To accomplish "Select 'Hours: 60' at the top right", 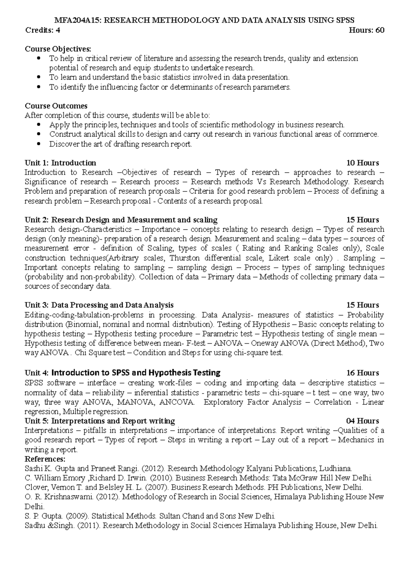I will click(x=367, y=30).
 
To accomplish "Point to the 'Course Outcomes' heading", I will click(x=56, y=106).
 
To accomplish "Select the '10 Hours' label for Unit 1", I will click(x=362, y=163).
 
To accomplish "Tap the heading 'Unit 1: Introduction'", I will click(x=60, y=163).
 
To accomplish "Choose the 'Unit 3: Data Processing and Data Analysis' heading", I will click(x=99, y=305).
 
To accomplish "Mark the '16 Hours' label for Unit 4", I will click(x=362, y=373).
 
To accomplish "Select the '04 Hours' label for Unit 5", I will click(x=362, y=421).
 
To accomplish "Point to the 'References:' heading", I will click(x=45, y=459).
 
